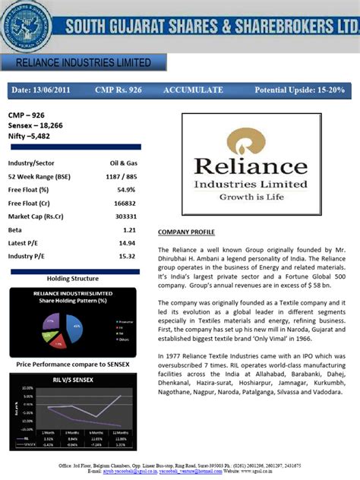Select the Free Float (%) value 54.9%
126,189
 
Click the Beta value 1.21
129,229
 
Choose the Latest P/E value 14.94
127,242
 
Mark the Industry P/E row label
27,256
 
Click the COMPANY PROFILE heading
186,232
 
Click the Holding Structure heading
73,279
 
